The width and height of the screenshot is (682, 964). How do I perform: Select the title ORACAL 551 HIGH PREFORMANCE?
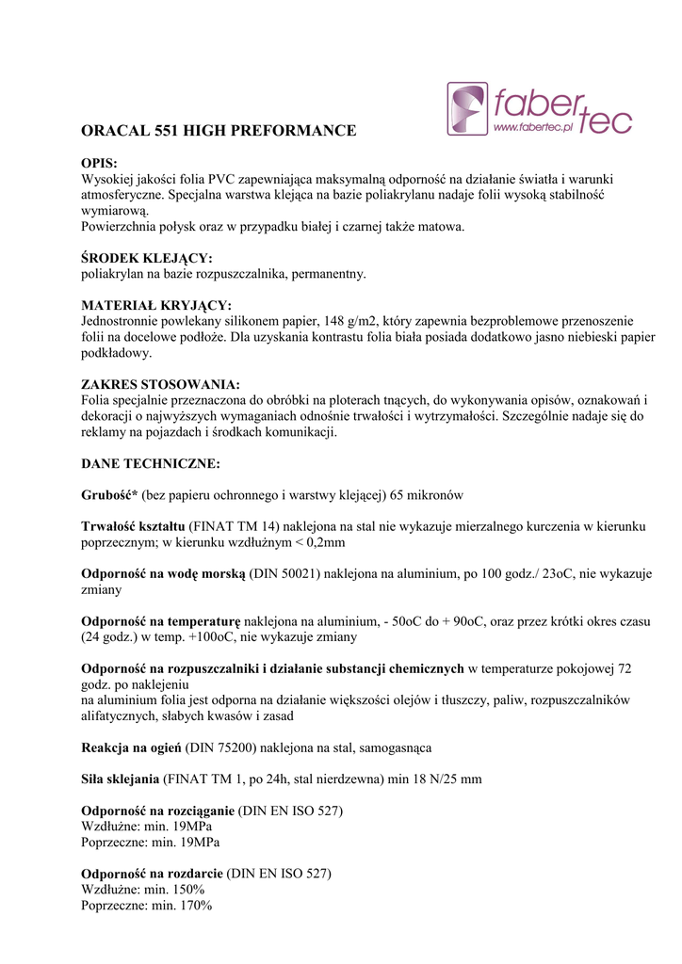219,131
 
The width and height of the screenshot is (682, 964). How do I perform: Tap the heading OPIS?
99,164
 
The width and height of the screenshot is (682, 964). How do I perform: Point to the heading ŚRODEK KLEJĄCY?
147,258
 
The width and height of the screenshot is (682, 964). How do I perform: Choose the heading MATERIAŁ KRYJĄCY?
156,305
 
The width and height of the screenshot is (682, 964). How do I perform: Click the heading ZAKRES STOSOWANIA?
160,384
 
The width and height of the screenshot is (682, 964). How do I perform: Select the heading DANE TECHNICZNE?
151,463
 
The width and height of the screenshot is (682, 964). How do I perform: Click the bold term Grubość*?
110,495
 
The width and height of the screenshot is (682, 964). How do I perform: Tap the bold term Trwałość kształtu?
133,526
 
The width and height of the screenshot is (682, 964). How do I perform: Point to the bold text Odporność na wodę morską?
163,573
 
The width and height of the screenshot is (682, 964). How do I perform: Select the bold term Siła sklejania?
121,779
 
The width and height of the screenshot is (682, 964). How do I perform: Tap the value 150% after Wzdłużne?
187,890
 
